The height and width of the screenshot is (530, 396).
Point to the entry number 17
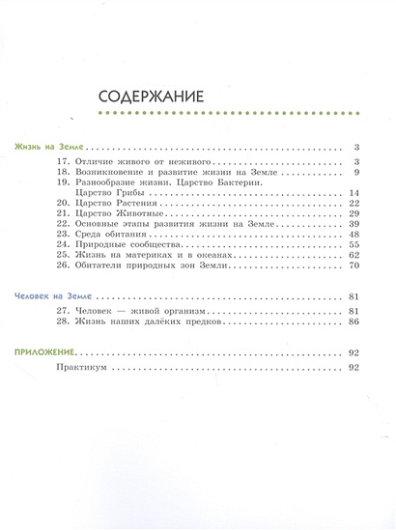63,161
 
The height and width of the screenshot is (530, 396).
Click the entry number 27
63,311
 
